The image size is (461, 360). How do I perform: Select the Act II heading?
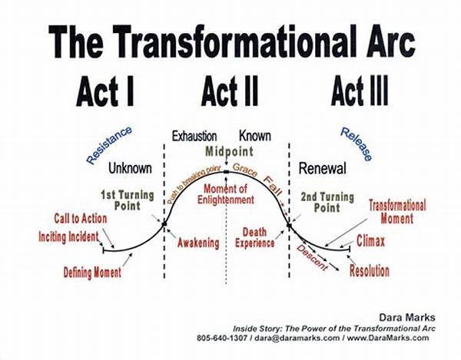click(231, 92)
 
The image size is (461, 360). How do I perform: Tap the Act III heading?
click(359, 92)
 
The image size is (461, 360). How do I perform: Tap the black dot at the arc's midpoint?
click(226, 173)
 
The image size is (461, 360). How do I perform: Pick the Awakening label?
click(197, 243)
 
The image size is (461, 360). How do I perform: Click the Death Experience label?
click(259, 237)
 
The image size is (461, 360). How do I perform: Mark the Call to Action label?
click(80, 219)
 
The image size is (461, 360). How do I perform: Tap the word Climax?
click(370, 243)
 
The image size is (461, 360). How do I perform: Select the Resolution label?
click(369, 271)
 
